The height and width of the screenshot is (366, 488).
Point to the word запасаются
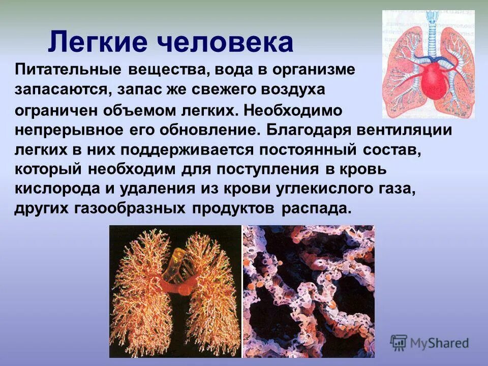click(x=60, y=89)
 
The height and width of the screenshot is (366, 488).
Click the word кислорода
click(x=57, y=189)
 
